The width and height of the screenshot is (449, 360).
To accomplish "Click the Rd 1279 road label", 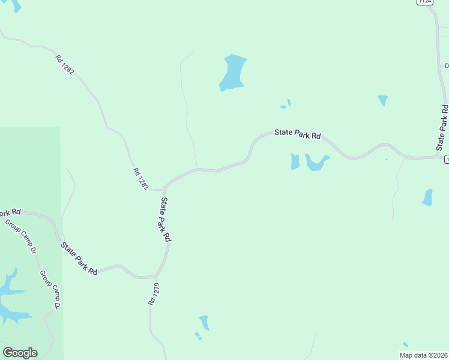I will tap(154, 295).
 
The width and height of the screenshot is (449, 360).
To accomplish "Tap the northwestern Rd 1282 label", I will tap(65, 65).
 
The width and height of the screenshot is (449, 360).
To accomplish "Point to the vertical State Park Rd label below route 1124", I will tap(442, 128).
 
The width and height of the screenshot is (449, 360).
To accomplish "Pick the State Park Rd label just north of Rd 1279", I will tap(166, 219).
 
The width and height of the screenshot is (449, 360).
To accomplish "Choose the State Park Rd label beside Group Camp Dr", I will tap(79, 258).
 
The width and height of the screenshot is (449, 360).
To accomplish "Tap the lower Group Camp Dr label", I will tap(50, 289).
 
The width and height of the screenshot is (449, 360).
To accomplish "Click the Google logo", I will tap(20, 353).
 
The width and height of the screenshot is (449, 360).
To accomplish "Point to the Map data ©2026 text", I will tap(424, 355).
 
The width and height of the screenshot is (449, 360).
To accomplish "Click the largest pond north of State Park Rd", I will tap(233, 72).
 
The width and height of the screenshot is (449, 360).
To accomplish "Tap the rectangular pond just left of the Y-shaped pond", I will tap(295, 161).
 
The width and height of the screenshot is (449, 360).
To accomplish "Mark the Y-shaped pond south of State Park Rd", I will tap(316, 163).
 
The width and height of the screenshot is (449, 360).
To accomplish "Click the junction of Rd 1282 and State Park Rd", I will tap(163, 189).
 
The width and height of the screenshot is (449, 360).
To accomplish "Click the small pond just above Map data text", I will tap(405, 344).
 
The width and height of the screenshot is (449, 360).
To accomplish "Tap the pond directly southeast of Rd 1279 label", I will tap(205, 323).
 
